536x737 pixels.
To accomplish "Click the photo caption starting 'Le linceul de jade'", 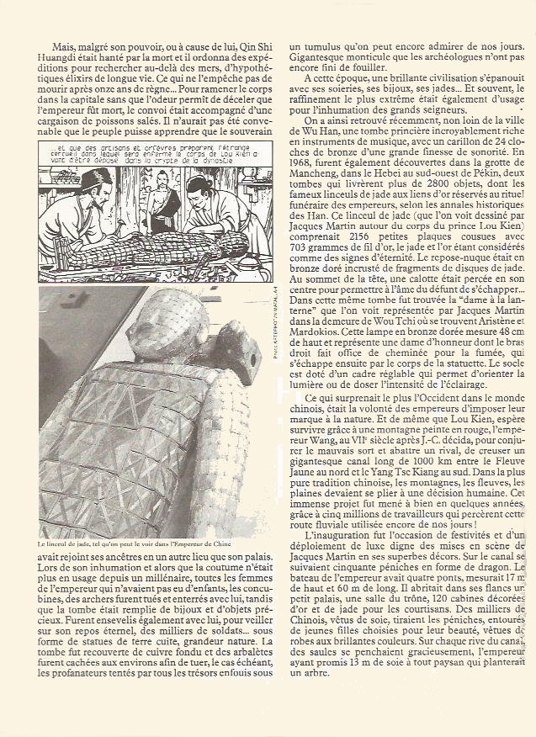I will point(139,544).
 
